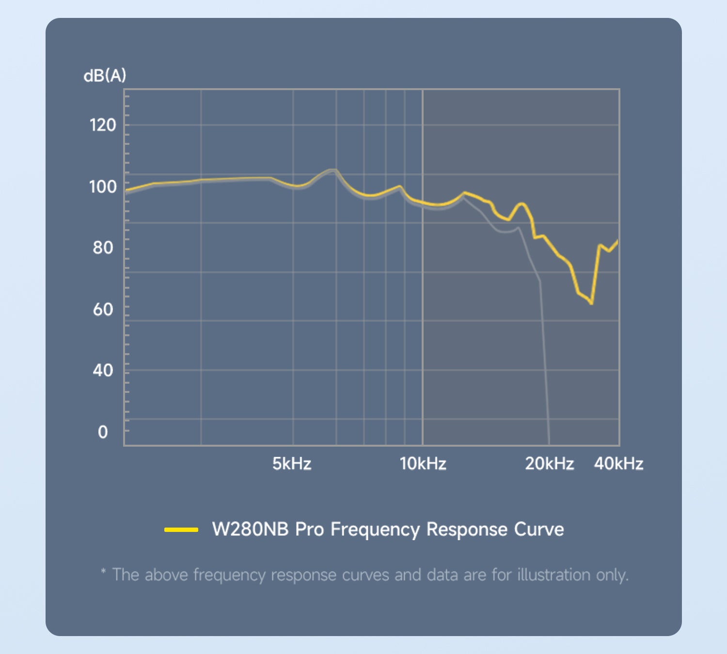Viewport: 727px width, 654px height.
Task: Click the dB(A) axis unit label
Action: (105, 76)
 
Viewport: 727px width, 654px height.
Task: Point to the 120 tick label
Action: (103, 125)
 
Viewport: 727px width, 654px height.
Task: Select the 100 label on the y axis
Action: (103, 187)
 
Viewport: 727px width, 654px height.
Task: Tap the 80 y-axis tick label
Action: (103, 248)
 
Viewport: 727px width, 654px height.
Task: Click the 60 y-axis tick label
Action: (103, 309)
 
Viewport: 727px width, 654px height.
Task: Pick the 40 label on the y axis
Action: (103, 371)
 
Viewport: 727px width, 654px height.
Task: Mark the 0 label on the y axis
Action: (103, 432)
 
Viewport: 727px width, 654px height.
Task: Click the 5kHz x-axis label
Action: (291, 464)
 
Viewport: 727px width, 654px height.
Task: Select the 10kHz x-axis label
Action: (423, 464)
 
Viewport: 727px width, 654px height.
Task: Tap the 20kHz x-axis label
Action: (549, 464)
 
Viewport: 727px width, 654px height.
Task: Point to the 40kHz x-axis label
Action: (618, 464)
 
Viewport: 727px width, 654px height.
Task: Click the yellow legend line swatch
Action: (181, 529)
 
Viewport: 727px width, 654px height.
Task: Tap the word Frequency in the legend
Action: (375, 529)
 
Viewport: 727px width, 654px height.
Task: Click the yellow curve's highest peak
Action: (332, 170)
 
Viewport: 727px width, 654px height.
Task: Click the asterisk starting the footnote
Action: (103, 572)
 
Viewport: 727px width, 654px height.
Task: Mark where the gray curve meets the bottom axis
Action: (549, 444)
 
